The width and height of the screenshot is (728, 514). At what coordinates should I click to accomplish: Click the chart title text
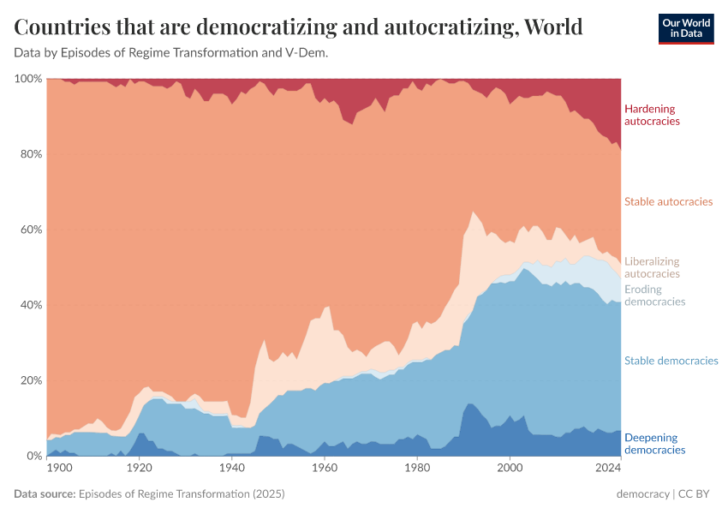[x=299, y=27]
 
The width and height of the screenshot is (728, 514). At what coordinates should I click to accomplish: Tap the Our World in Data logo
[x=685, y=27]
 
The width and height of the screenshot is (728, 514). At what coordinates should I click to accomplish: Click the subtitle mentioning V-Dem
[x=171, y=53]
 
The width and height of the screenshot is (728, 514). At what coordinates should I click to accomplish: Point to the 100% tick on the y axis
[x=28, y=79]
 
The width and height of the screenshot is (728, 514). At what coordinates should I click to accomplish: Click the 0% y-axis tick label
[x=33, y=456]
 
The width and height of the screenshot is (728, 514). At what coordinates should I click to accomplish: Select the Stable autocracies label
[x=668, y=202]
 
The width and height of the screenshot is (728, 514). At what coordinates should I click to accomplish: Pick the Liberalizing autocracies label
[x=652, y=267]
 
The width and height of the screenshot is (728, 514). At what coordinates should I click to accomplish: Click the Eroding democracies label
[x=654, y=296]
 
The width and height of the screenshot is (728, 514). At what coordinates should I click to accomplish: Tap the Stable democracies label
[x=671, y=361]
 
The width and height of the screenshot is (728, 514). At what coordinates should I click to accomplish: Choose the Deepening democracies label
[x=654, y=443]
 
